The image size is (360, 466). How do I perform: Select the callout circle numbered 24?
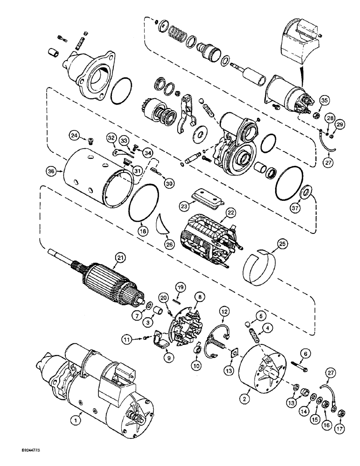pos(74,136)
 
